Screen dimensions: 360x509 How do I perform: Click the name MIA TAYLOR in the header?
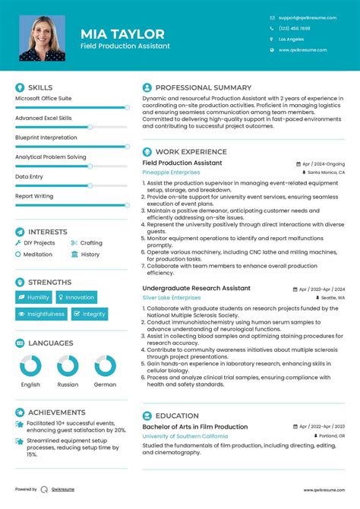[x=122, y=33]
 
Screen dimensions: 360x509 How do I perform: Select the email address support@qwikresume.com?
[x=307, y=17]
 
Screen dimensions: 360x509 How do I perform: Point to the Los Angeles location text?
[x=292, y=39]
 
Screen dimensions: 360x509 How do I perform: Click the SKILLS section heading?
[x=40, y=88]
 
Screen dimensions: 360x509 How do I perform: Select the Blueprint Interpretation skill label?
[x=46, y=138]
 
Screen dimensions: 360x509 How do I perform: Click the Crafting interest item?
[x=91, y=243]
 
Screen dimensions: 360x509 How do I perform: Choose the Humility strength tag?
[x=35, y=298]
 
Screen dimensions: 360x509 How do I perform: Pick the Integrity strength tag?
[x=90, y=314]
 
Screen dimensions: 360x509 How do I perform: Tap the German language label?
[x=106, y=384]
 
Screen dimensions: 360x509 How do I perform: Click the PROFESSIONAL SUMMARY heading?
[x=203, y=88]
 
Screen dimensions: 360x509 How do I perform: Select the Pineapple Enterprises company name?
[x=172, y=172]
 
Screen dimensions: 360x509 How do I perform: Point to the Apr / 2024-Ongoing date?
[x=324, y=163]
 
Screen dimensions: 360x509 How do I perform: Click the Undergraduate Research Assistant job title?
[x=196, y=289]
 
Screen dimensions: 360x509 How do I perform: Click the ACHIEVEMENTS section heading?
[x=57, y=412]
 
